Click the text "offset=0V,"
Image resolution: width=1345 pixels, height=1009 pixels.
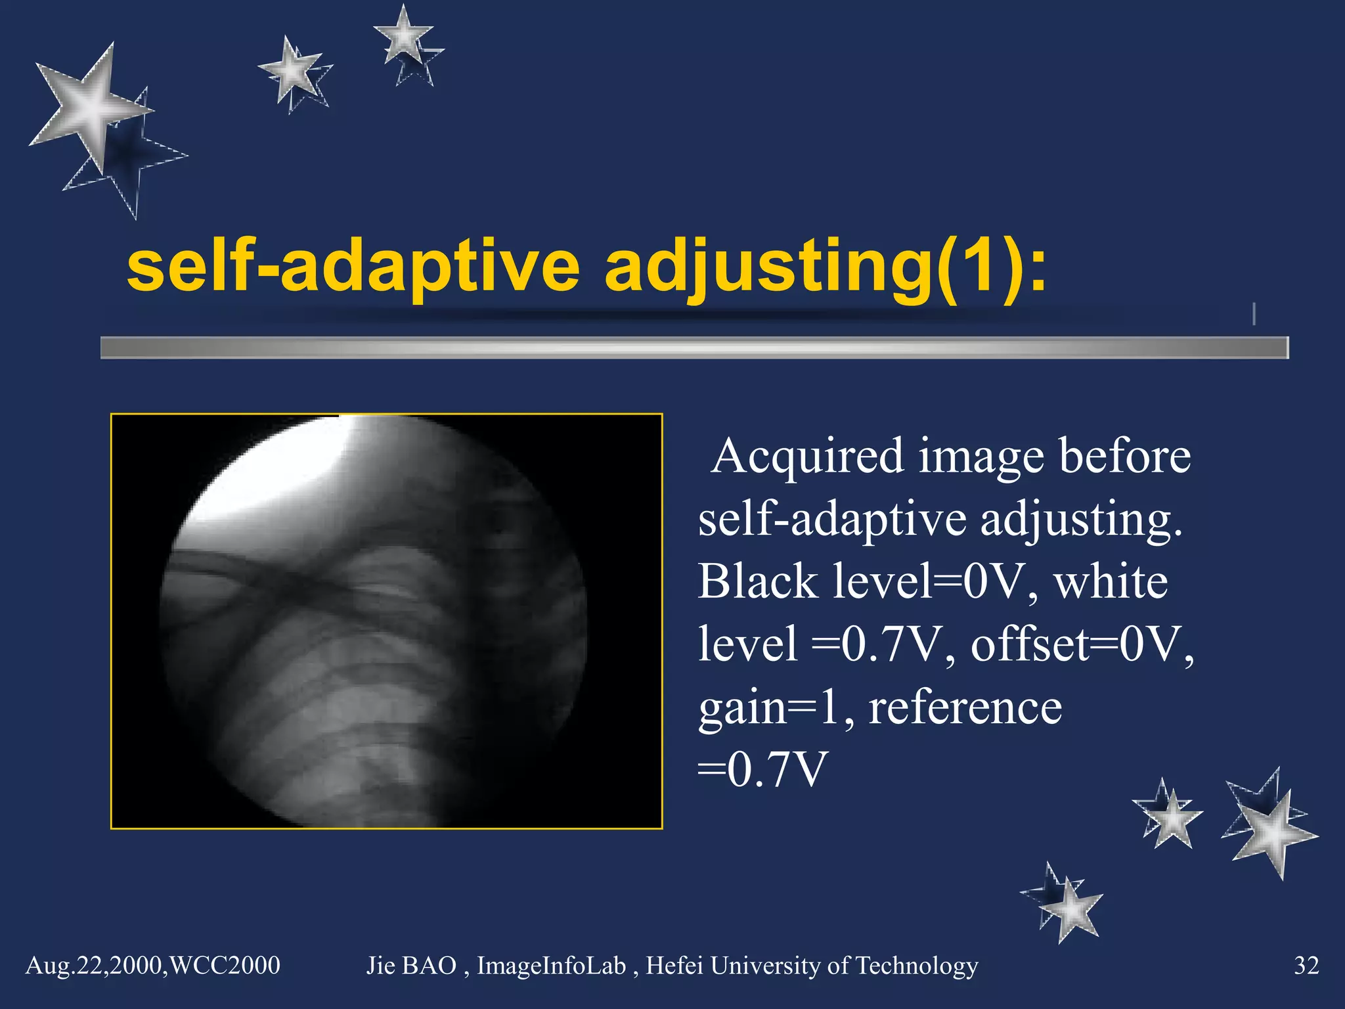(x=1082, y=644)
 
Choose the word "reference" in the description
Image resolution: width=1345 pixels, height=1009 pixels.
(x=965, y=708)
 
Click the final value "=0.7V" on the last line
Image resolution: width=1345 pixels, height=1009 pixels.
(x=762, y=769)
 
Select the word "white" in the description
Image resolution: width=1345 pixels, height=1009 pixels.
(x=1111, y=581)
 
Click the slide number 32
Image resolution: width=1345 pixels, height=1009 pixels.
(x=1306, y=966)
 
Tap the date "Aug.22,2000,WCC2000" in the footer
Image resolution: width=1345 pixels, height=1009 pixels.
(x=152, y=966)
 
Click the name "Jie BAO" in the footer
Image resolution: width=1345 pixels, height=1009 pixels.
(x=411, y=966)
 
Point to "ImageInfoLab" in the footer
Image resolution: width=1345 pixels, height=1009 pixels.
(x=551, y=966)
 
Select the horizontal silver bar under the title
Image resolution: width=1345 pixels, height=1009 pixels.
(x=694, y=348)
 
